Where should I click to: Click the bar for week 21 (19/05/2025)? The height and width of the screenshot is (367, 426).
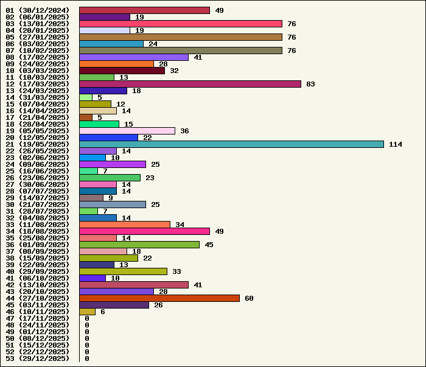coord(231,144)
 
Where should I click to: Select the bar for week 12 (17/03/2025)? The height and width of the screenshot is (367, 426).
coord(190,84)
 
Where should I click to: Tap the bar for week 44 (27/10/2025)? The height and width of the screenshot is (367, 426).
coord(159,298)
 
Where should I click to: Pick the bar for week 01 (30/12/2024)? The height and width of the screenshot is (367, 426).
coord(144,10)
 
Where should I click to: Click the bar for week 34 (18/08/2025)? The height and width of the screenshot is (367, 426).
coord(144,231)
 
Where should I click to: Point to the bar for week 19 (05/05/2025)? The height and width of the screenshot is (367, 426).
coord(127,131)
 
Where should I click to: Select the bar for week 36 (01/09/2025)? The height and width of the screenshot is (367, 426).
coord(139,245)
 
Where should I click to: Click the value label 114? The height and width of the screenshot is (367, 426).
coord(396,144)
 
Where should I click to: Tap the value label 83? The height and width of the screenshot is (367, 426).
coord(310,84)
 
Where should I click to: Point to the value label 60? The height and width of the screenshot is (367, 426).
coord(249,298)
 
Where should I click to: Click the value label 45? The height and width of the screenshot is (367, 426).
coord(209,245)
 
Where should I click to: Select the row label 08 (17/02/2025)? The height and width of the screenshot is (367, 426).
coord(38,57)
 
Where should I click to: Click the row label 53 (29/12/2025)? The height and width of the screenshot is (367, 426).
coord(38,358)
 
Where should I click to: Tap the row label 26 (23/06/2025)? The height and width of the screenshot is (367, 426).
coord(38,178)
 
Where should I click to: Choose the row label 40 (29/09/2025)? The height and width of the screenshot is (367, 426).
coord(38,271)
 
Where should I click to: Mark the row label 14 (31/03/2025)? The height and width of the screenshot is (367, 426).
coord(38,97)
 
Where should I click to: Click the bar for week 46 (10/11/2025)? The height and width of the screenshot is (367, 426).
coord(87,312)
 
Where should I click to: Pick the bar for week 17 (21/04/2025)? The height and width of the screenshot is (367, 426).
coord(86,117)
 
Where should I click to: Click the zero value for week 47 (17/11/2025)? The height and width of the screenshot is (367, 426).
coord(87,318)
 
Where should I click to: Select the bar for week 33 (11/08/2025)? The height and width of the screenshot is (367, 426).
coord(125,225)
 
